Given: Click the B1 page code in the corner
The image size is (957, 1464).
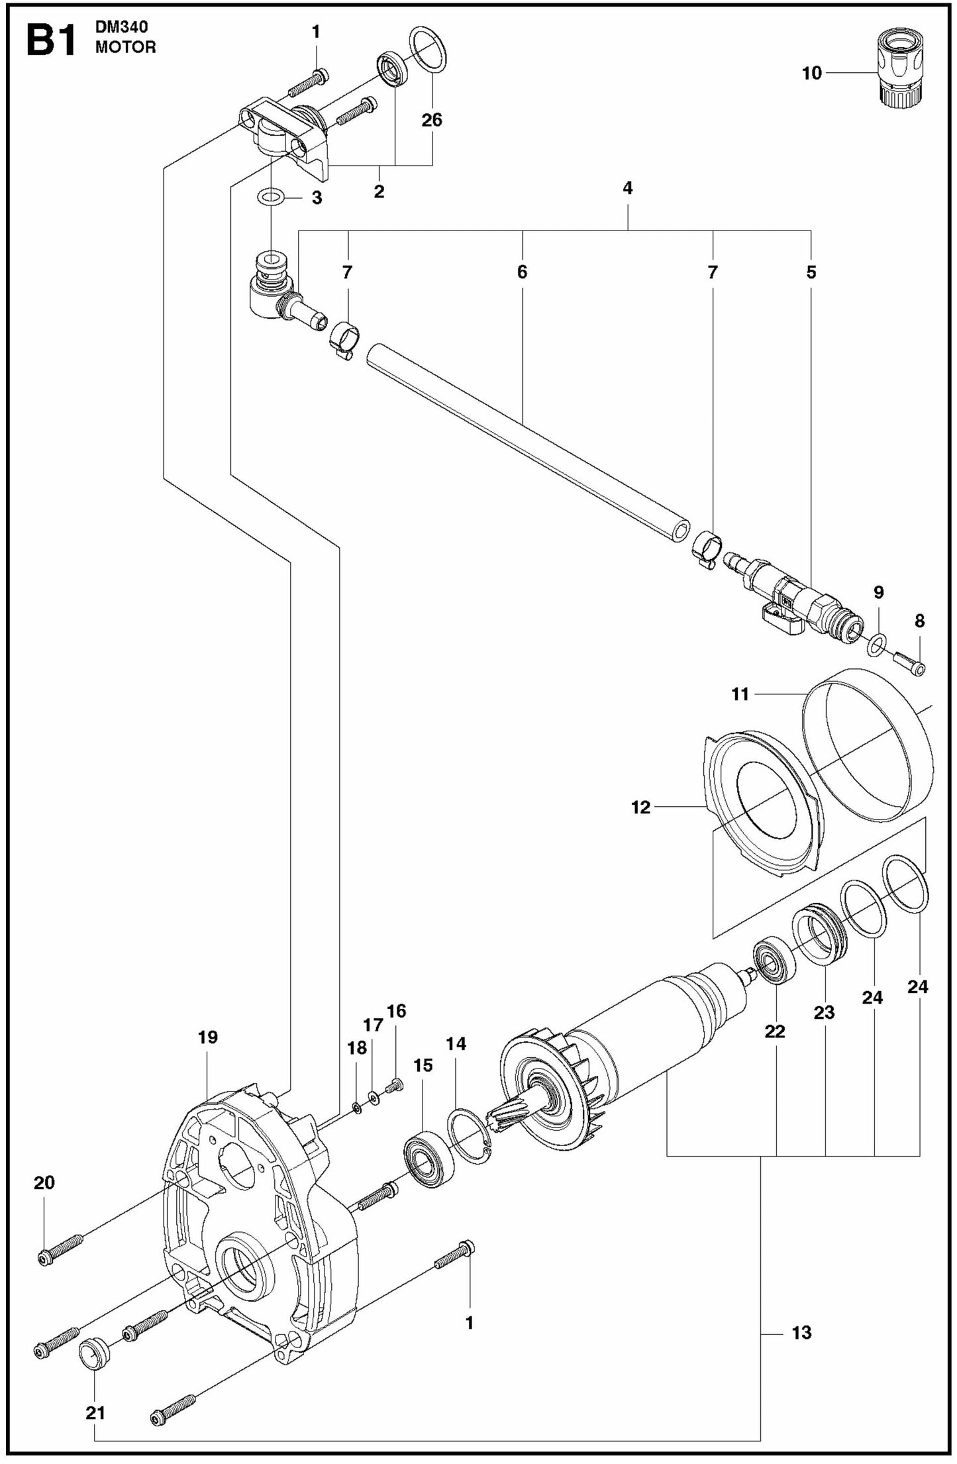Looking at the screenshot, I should click(x=50, y=41).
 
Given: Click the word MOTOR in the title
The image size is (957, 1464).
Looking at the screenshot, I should click(x=126, y=48).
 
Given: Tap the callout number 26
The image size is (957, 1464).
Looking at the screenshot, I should click(x=432, y=120).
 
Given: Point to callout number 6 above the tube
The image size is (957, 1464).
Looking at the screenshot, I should click(x=522, y=272).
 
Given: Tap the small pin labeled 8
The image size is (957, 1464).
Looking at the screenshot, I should click(x=910, y=662).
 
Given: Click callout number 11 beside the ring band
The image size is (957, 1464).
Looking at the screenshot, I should click(x=740, y=694).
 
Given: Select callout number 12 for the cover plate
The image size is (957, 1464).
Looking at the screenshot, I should click(x=640, y=808).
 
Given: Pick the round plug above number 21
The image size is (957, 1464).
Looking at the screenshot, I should click(x=93, y=1347).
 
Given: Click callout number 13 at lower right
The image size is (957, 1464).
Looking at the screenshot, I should click(x=801, y=1332).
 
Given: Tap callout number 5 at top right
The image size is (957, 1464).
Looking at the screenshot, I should click(x=811, y=272).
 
